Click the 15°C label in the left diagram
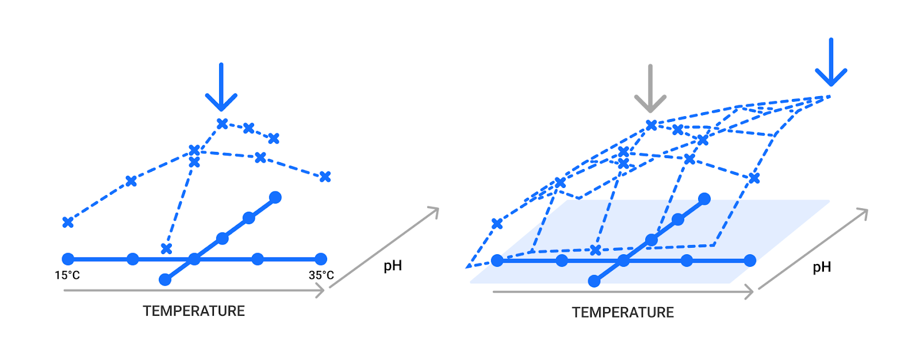67,275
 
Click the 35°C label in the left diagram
321,275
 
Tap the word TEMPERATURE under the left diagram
194,311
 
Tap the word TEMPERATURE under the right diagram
623,312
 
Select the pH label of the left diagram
393,266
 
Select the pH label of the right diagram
822,267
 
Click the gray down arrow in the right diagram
650,89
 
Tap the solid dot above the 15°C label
68,259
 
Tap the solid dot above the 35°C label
321,259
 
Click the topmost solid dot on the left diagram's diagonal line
275,197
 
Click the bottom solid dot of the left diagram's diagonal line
165,279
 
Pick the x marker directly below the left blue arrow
222,124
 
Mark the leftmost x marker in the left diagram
68,222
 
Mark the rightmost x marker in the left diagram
325,177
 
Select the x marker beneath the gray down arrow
651,125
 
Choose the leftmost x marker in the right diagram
497,223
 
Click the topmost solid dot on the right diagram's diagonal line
704,199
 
